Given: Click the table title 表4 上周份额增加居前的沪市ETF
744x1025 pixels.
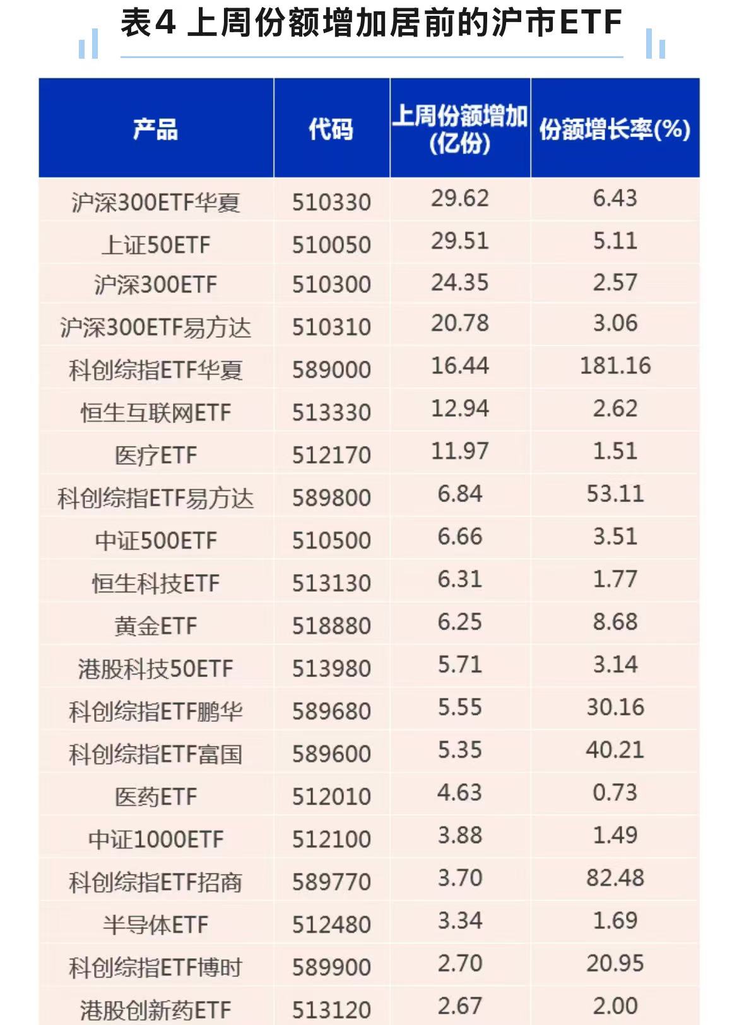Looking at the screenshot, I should (x=371, y=24).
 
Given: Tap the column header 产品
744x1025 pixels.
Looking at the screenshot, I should (x=155, y=129).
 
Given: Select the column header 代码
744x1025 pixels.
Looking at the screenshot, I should (x=331, y=129).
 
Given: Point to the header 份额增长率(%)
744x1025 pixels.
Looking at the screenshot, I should (x=615, y=129).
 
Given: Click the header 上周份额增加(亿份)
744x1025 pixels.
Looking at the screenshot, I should (x=460, y=129).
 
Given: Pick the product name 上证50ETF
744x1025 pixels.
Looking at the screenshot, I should (x=155, y=245).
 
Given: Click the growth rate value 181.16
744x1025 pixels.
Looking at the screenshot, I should (x=615, y=366).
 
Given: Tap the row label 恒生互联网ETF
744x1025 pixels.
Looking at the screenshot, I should (x=155, y=413).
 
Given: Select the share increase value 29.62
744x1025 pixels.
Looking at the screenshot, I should (x=460, y=198).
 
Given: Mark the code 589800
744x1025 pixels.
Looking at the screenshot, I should (x=331, y=498).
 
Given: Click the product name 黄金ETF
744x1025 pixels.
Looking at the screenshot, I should (x=155, y=626).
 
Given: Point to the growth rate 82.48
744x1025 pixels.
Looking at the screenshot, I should (x=615, y=878).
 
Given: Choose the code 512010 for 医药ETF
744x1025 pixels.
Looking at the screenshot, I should (x=331, y=797).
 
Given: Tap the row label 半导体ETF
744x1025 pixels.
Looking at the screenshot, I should (x=155, y=925).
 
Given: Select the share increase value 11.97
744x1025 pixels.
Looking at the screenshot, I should (x=460, y=452).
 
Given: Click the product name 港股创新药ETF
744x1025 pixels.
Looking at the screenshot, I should (x=155, y=1010).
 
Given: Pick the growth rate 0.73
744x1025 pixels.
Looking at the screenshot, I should (x=615, y=793).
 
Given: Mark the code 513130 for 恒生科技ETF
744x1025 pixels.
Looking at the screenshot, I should (x=331, y=584).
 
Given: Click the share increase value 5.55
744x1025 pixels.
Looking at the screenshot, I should (x=460, y=707).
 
